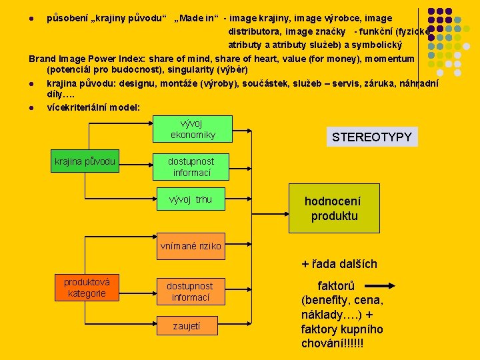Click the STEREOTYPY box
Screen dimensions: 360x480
click(372, 137)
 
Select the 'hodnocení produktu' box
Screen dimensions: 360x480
click(332, 208)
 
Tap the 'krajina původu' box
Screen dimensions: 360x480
click(85, 161)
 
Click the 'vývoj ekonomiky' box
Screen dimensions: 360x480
click(192, 129)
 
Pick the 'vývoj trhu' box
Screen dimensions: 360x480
click(191, 199)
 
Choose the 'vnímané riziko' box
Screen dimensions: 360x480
click(191, 246)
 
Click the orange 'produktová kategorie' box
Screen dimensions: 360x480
click(87, 287)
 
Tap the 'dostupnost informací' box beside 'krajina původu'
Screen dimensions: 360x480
click(191, 167)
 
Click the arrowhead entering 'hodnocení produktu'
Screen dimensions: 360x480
click(285, 199)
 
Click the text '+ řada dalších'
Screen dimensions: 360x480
click(339, 264)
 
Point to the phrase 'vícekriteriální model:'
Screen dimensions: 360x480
click(93, 107)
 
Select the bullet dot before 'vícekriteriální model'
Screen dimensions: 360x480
click(33, 107)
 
